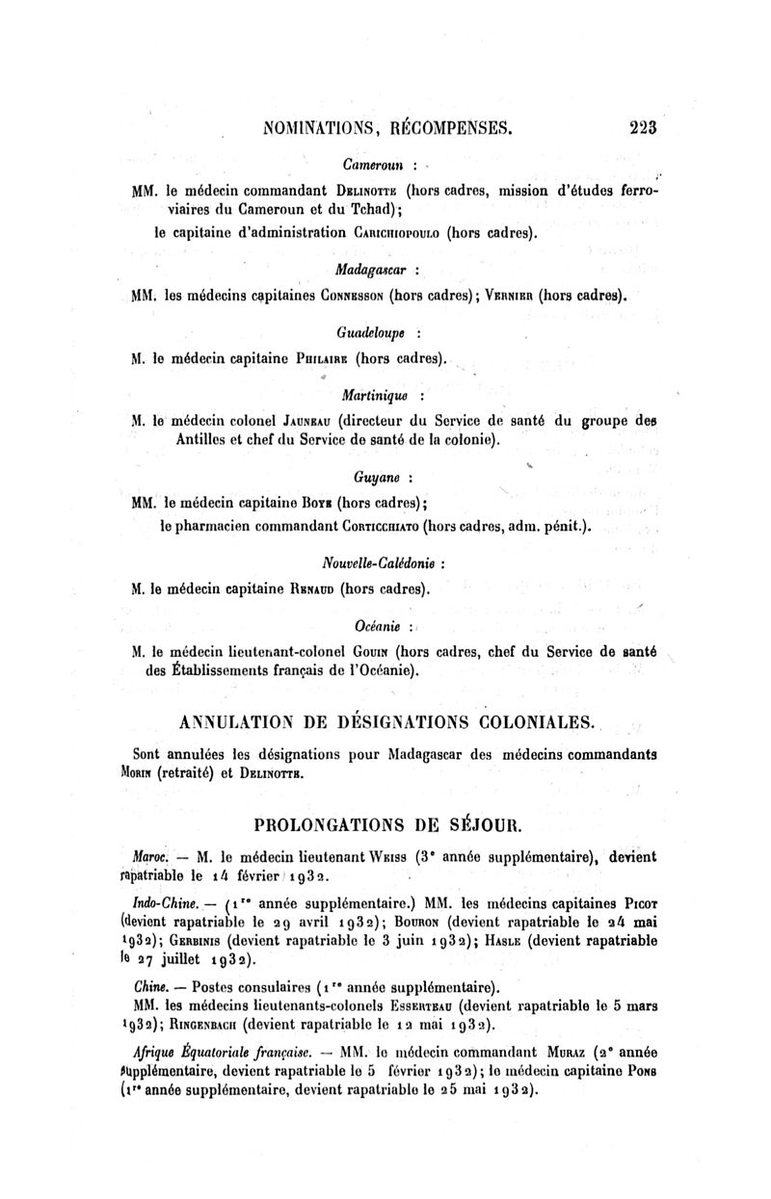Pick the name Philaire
pyautogui.click(x=314, y=359)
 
